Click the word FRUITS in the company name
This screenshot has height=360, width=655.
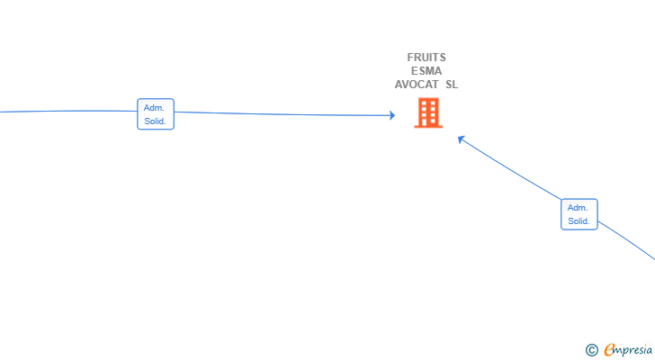426,58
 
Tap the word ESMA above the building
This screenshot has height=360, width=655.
426,71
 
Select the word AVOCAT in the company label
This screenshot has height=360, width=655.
417,85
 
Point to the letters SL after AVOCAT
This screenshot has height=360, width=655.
452,85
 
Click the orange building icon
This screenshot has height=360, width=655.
428,112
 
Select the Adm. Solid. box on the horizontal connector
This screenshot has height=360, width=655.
156,114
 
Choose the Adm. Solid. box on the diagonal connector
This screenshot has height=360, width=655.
579,214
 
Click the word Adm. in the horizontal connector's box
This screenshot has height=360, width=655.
154,108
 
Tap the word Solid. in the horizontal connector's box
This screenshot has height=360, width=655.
155,121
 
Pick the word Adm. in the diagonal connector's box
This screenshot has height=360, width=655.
578,208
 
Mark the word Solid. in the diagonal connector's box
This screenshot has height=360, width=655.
579,220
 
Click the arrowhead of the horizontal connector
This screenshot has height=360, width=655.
392,115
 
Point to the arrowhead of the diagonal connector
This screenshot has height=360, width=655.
462,139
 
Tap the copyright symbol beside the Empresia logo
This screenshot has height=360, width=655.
591,350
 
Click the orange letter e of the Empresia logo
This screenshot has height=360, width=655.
609,349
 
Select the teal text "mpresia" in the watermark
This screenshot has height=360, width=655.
633,350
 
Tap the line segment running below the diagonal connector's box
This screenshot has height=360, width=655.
626,239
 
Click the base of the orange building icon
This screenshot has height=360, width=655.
428,126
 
